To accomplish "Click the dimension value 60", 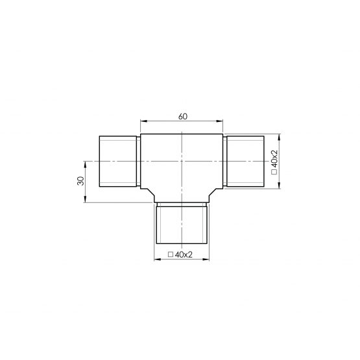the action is (x=183, y=117).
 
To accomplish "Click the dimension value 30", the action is (x=81, y=181).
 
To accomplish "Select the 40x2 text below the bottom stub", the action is (x=184, y=254).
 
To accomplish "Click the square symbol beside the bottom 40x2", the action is (x=171, y=254).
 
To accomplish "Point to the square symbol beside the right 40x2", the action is (x=274, y=172).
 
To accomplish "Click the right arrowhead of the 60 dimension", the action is (x=220, y=121).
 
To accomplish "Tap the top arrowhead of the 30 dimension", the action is (x=85, y=164).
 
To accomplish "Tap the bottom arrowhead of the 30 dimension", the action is (x=85, y=199).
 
